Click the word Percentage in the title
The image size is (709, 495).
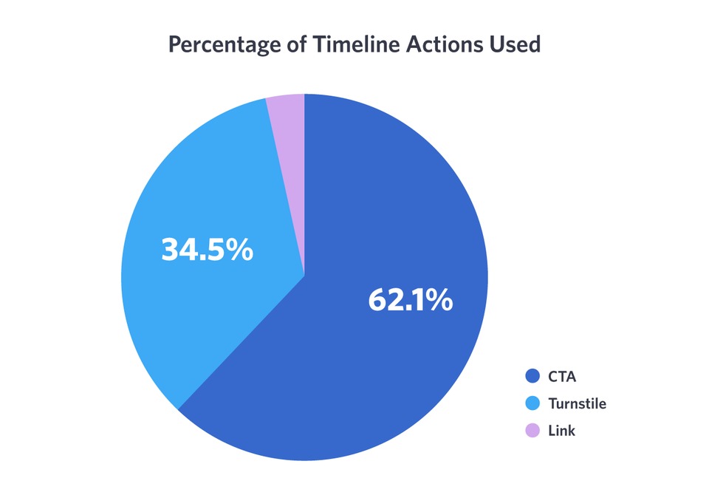pos(219,45)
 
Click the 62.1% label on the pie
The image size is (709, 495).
pos(410,300)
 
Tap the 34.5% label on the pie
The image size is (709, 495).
pos(207,250)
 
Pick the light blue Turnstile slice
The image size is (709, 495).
pos(192,310)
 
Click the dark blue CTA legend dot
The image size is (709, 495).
pos(532,377)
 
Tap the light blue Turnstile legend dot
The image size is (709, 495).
pos(532,403)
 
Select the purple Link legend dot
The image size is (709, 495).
pos(532,430)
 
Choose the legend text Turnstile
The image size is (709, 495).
pos(577,403)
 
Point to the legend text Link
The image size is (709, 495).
pos(561,430)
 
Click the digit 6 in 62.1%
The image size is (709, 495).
pos(378,300)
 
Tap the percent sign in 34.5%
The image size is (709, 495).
pos(239,250)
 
